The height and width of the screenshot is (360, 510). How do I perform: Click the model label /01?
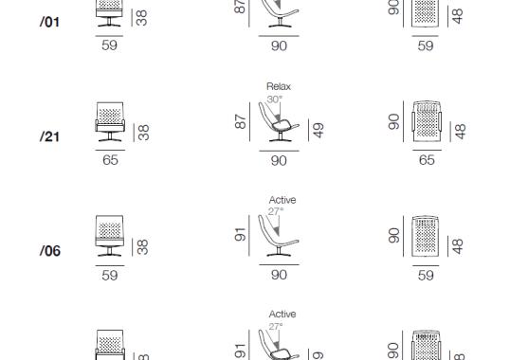tap(50, 21)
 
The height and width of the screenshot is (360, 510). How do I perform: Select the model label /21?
tap(50, 136)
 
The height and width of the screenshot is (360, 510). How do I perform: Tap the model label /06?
tap(50, 251)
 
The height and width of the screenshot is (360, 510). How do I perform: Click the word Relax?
tap(279, 86)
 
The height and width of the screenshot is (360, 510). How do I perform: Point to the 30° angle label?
tap(274, 98)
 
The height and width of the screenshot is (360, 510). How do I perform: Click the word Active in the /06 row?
tap(282, 200)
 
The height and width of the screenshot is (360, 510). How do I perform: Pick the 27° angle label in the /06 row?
tap(274, 211)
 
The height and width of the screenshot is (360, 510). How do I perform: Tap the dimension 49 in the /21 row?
tap(319, 130)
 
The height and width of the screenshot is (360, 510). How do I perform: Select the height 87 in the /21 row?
tap(241, 122)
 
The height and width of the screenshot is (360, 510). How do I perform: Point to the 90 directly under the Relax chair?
tap(279, 160)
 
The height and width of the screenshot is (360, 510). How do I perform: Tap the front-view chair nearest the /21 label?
tap(110, 124)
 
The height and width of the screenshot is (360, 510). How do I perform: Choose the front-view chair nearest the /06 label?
tap(110, 238)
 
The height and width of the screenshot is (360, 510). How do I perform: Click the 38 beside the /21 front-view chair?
tap(142, 133)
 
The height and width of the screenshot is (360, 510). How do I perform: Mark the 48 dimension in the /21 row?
tap(461, 131)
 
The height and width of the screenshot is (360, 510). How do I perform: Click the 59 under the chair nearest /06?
tap(110, 275)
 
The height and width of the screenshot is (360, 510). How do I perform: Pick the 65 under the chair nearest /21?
tap(110, 160)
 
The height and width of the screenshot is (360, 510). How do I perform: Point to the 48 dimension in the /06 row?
tap(461, 245)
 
